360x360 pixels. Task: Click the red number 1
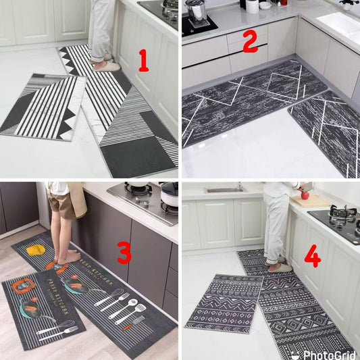(x=143, y=61)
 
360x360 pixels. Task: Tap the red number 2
(x=250, y=43)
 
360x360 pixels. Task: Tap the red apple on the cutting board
(x=305, y=196)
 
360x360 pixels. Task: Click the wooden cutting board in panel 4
(x=312, y=201)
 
